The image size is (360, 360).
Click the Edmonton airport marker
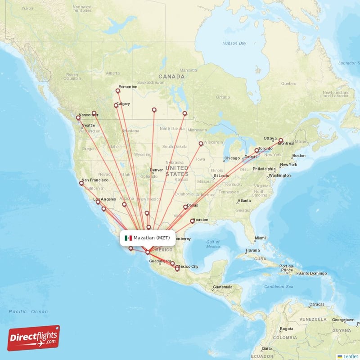click(118, 91)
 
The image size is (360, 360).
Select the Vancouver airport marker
click(79, 118)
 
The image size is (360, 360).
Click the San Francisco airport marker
click(81, 183)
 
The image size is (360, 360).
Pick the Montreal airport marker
click(281, 140)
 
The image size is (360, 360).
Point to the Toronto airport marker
click(257, 151)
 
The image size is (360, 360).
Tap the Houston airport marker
click(193, 221)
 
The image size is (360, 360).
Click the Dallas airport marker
click(185, 207)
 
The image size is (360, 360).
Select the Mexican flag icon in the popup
click(128, 238)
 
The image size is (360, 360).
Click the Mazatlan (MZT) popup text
click(152, 238)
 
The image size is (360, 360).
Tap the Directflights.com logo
click(34, 338)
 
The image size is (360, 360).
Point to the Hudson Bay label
click(234, 43)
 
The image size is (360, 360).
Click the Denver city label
click(156, 170)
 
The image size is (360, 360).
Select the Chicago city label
click(232, 158)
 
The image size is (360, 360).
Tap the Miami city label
click(260, 238)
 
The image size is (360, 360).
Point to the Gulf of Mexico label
click(213, 244)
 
